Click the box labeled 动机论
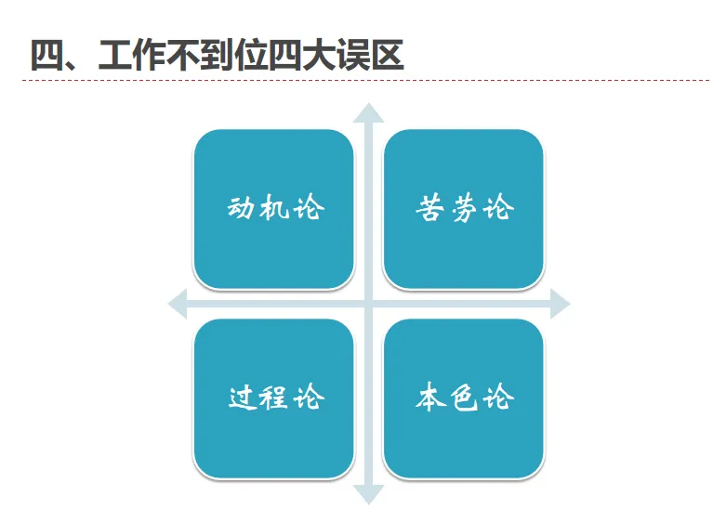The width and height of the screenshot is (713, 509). click(x=273, y=208)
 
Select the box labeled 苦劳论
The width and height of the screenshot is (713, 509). click(x=463, y=208)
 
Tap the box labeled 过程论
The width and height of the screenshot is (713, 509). click(x=273, y=398)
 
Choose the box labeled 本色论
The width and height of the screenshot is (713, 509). click(x=463, y=398)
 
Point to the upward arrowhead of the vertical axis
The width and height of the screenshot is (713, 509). click(x=369, y=114)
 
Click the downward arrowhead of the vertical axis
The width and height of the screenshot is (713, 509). click(x=369, y=494)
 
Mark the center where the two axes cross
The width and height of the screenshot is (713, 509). click(x=369, y=303)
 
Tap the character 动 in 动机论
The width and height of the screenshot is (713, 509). click(x=242, y=208)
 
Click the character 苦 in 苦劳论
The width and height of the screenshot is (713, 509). click(x=430, y=208)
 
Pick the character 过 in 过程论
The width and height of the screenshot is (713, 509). click(x=242, y=398)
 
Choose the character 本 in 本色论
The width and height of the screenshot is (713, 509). click(x=430, y=398)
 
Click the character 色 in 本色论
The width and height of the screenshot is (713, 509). click(x=463, y=398)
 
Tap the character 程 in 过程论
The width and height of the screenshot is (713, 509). click(x=274, y=398)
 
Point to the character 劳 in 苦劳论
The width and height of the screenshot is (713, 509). click(x=463, y=208)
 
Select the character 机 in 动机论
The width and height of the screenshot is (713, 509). click(x=274, y=208)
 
